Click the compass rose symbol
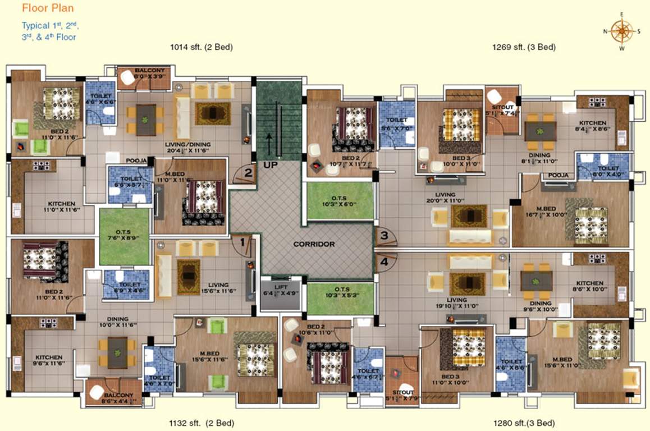click(621, 31)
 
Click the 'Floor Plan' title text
click(48, 8)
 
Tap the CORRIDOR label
click(314, 245)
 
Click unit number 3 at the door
click(384, 236)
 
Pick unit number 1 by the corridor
click(242, 243)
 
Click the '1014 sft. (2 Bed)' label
click(201, 47)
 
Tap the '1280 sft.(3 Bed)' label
click(524, 423)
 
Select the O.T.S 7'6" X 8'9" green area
click(124, 236)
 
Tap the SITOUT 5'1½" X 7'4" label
click(501, 109)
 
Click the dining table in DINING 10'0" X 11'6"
click(117, 353)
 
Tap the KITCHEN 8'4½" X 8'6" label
click(593, 126)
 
